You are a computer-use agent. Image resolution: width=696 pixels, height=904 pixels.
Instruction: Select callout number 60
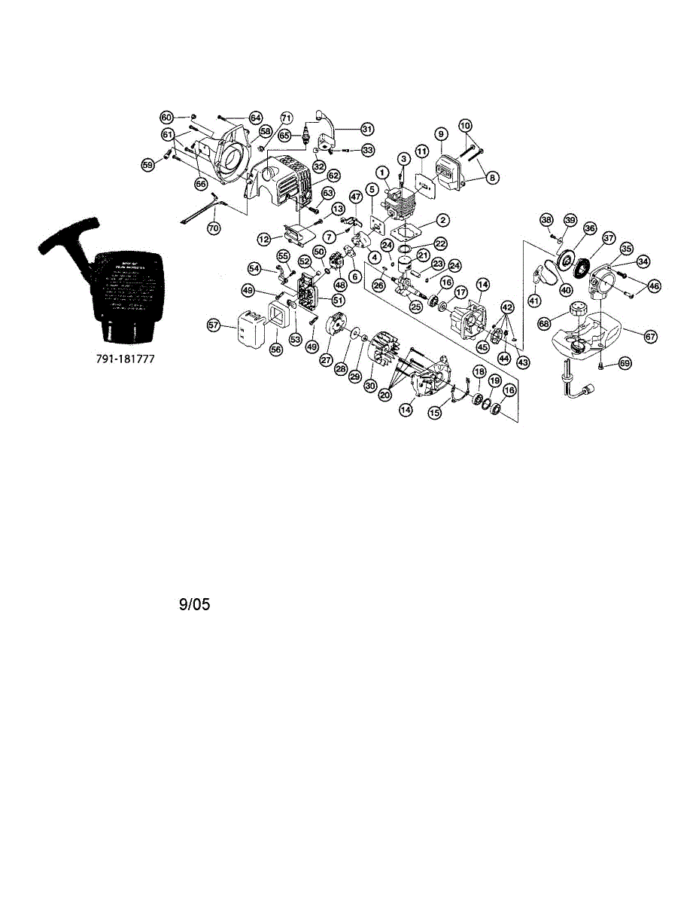166,117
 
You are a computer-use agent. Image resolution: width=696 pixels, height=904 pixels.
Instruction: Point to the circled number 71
286,118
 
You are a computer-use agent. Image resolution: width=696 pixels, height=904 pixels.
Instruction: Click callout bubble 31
366,128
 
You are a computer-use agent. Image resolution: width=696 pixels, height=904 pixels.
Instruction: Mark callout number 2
443,219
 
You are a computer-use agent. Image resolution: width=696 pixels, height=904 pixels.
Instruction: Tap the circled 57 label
214,325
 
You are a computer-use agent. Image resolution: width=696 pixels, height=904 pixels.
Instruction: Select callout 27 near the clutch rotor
327,360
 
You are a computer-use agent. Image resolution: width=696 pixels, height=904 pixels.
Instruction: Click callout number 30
369,385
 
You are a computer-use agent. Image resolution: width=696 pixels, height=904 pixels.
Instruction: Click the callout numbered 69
625,363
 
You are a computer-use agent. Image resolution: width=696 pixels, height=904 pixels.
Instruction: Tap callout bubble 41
534,300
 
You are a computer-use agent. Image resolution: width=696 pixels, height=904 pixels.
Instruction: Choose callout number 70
214,224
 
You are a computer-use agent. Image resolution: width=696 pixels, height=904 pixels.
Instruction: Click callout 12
263,238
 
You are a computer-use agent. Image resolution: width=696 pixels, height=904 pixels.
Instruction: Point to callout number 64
256,118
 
